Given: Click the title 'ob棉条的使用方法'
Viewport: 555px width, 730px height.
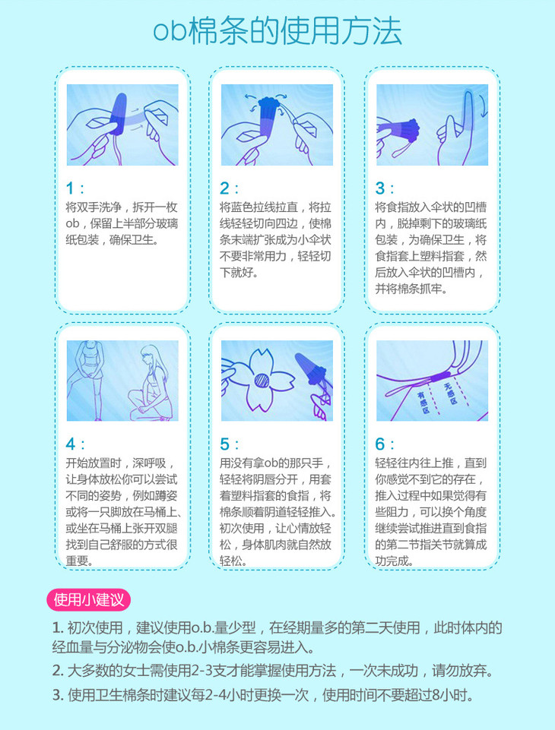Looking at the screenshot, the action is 277,31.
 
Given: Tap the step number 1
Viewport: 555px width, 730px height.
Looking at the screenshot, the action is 70,188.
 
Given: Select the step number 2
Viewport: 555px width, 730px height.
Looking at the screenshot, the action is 224,188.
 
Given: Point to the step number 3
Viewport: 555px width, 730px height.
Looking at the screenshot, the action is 380,188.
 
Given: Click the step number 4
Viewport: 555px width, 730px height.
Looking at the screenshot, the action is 71,444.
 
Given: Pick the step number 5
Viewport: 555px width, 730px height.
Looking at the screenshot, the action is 224,444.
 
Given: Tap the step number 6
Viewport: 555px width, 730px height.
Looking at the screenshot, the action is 380,444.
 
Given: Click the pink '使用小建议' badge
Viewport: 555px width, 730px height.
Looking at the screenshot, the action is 88,600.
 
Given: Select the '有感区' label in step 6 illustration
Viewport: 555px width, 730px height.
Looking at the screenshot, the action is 423,403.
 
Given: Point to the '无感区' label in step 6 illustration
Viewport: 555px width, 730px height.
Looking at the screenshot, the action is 451,393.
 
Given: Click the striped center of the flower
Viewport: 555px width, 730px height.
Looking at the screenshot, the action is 262,381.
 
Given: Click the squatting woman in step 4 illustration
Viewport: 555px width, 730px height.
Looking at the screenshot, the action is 150,383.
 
